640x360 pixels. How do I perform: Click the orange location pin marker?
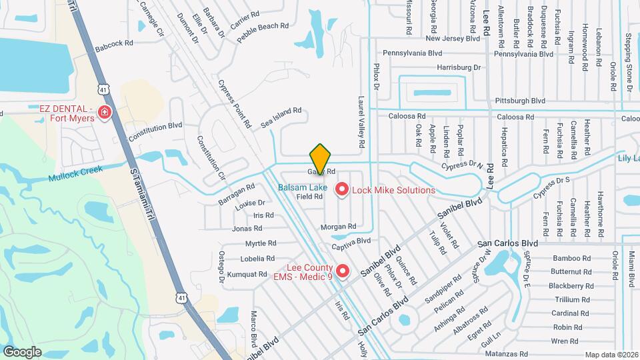coord(320,159)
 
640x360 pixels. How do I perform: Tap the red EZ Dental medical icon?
coord(104,113)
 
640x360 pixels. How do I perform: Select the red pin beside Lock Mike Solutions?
coord(342,190)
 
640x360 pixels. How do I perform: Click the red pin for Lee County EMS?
coord(342,271)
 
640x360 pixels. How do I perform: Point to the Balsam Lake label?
coord(303,187)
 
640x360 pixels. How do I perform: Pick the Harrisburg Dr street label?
coord(459,67)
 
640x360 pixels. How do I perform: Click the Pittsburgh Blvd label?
coord(520,101)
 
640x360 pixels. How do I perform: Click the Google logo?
coord(22,351)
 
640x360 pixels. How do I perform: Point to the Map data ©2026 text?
coord(611,355)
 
